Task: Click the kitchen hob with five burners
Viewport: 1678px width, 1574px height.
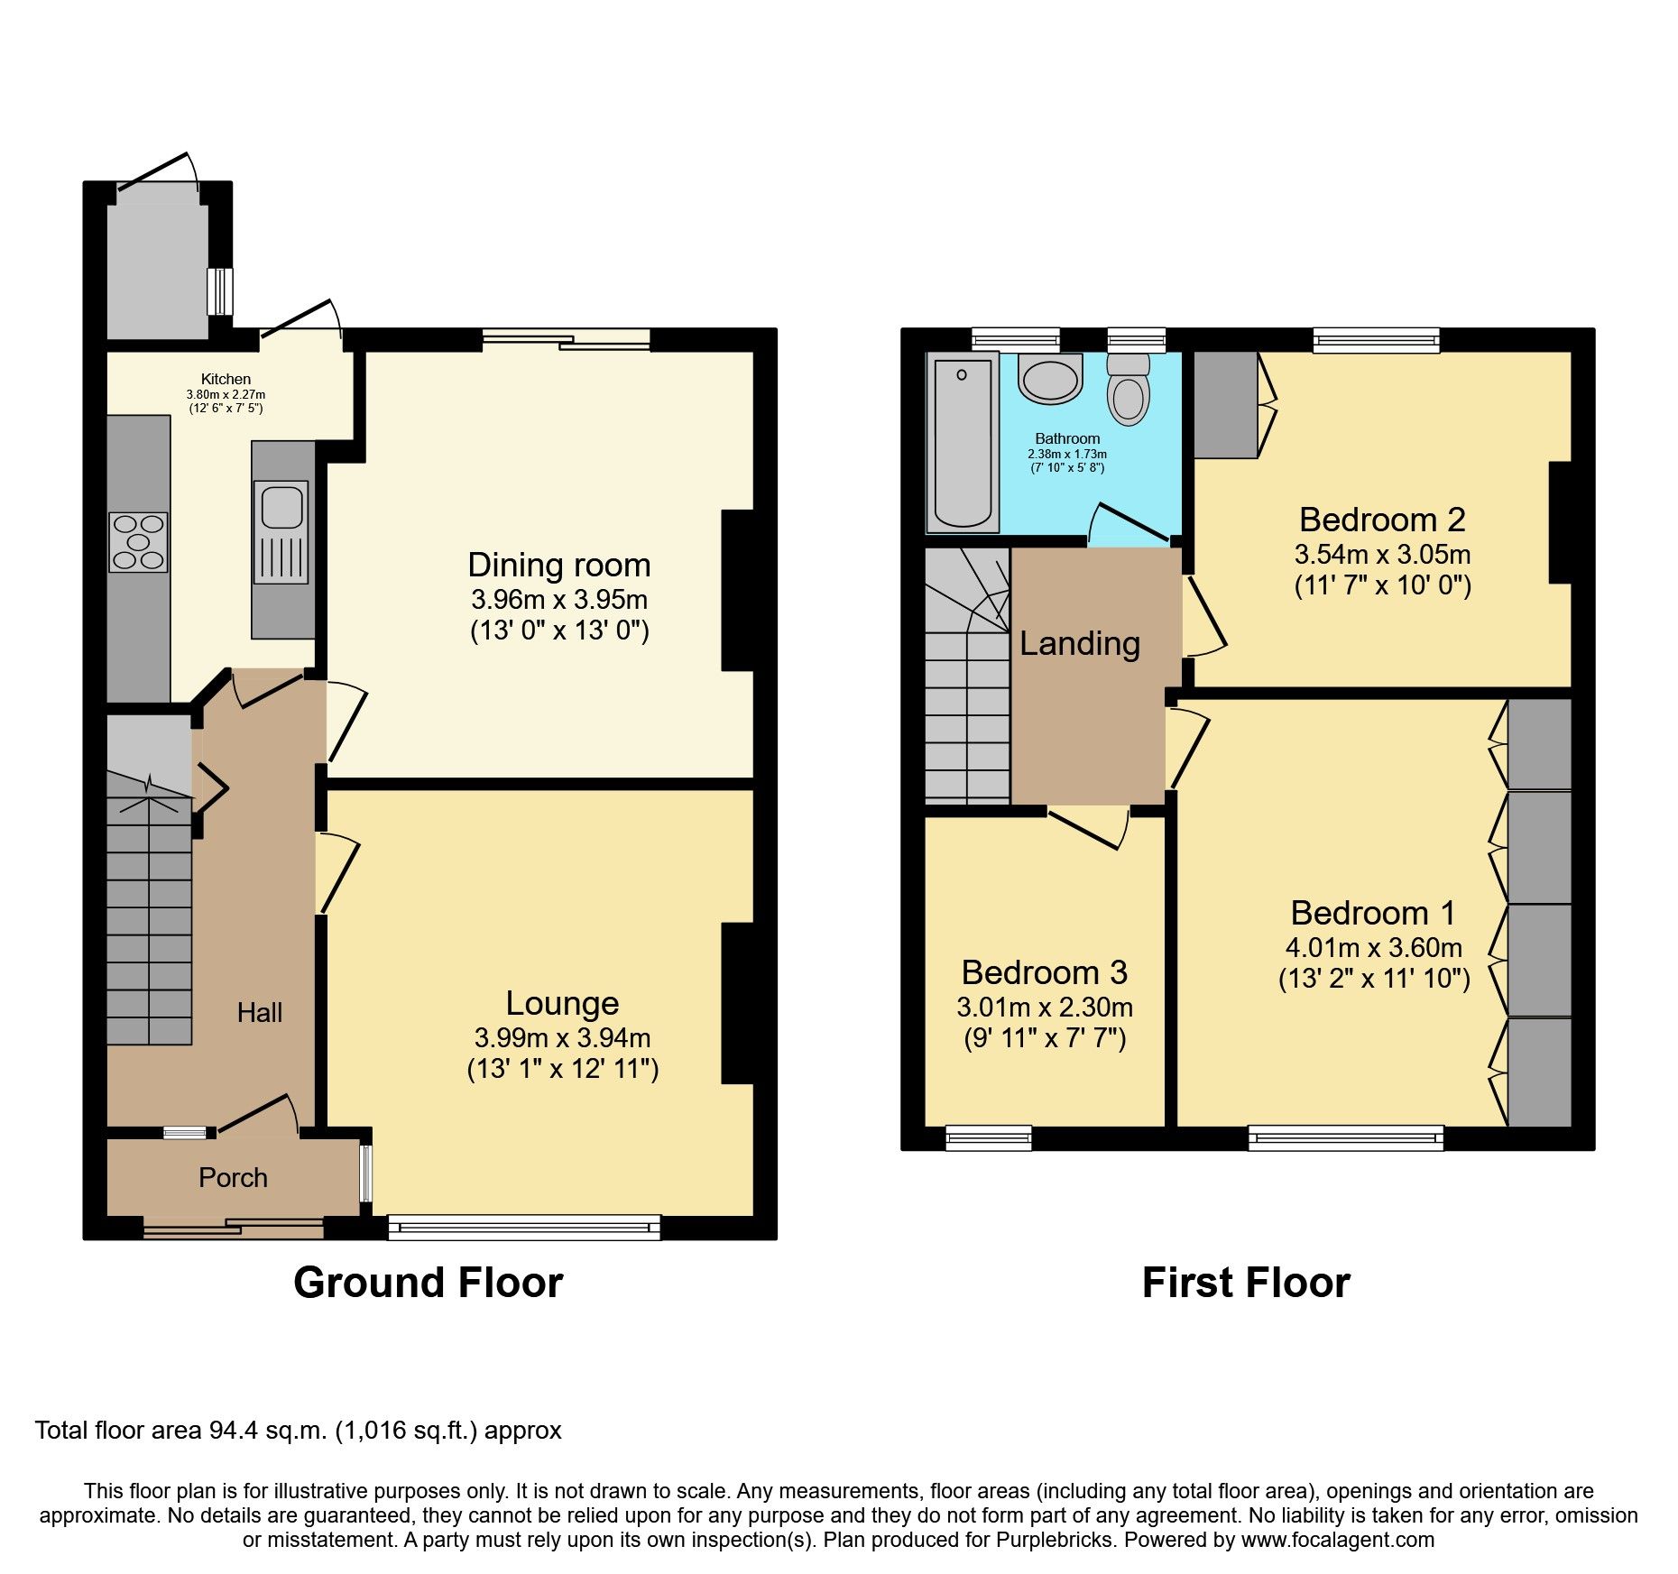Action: (x=138, y=541)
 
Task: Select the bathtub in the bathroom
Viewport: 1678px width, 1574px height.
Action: (x=962, y=442)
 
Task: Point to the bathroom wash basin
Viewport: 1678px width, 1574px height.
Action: (x=1050, y=378)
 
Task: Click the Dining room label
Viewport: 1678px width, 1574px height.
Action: (x=558, y=565)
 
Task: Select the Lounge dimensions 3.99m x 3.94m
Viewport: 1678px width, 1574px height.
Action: (x=562, y=1037)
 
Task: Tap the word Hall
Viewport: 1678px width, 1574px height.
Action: (x=260, y=1013)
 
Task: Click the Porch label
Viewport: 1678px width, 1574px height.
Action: (x=233, y=1177)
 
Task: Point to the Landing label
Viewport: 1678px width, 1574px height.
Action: (x=1080, y=643)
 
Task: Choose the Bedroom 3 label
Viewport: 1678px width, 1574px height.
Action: (x=1044, y=971)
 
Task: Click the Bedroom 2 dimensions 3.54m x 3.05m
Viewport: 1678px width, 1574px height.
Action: (x=1382, y=554)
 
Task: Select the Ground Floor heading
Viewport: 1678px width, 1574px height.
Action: (x=428, y=1282)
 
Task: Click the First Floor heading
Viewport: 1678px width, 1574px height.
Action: (x=1245, y=1282)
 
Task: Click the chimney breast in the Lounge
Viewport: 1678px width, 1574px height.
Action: (x=737, y=1002)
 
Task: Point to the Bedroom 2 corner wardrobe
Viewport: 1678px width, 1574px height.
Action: (x=1225, y=404)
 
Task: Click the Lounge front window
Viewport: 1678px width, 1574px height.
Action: (x=523, y=1227)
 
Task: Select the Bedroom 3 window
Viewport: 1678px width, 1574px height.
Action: (x=988, y=1138)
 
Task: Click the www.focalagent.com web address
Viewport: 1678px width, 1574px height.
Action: (x=1337, y=1540)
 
